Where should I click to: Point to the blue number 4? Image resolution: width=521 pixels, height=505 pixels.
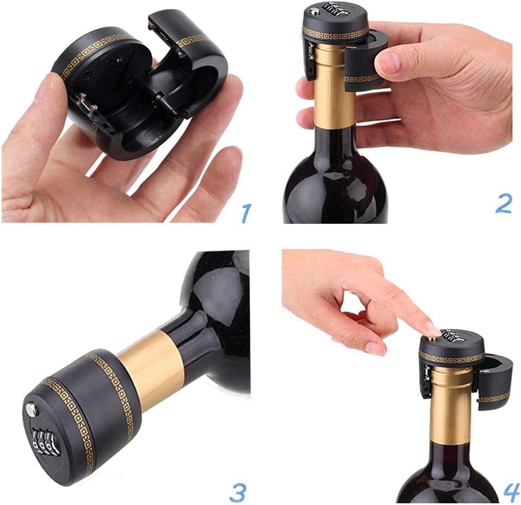tap(511, 491)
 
